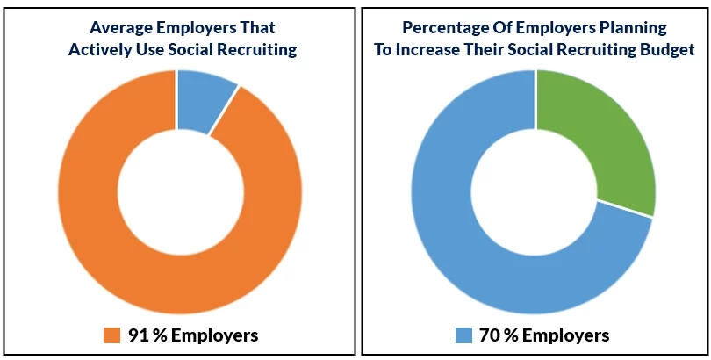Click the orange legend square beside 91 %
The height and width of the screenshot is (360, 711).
(x=111, y=335)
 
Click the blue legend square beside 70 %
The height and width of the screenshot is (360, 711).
(x=464, y=335)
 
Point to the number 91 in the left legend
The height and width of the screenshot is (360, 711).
(x=139, y=335)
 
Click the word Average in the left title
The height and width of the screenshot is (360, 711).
(x=122, y=26)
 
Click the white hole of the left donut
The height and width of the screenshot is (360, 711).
(x=180, y=191)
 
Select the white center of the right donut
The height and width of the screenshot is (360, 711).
(x=535, y=191)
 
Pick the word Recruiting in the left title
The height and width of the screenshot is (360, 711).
(x=255, y=50)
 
